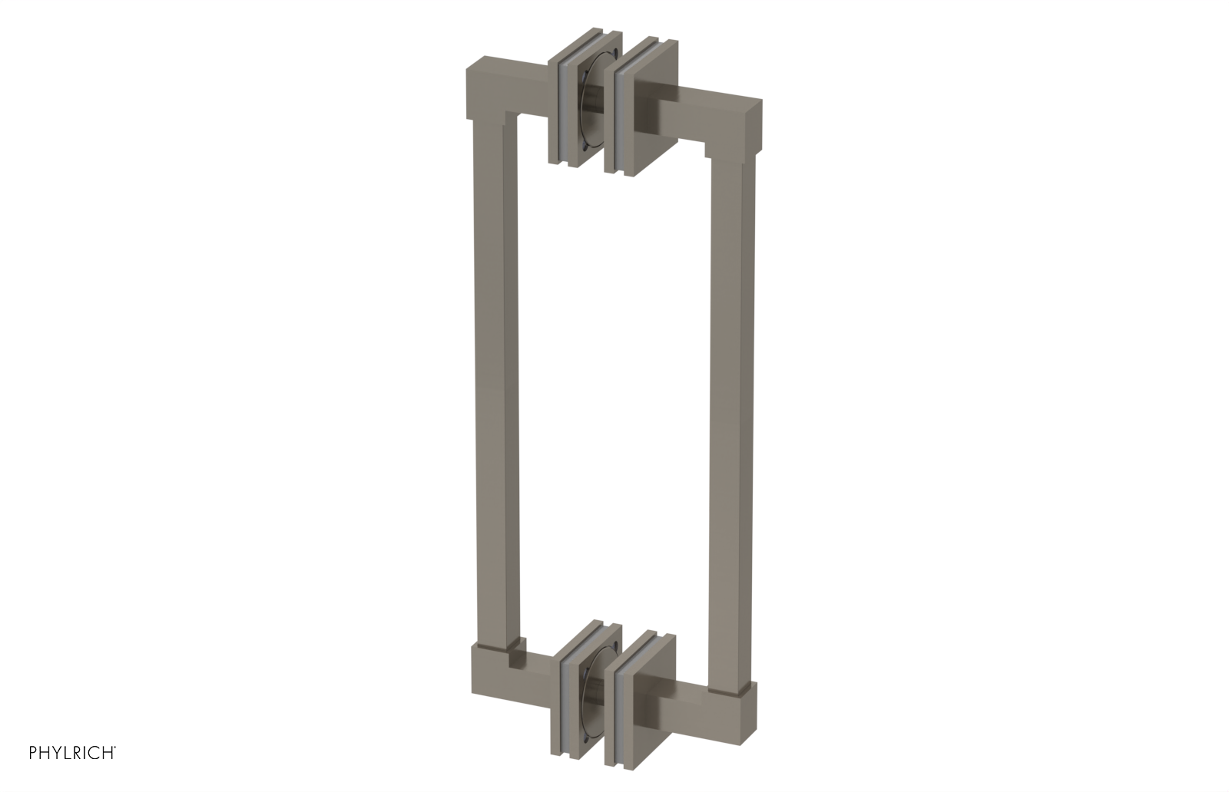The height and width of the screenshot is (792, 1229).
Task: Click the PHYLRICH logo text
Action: (x=72, y=752)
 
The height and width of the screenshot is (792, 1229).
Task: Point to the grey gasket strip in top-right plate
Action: (x=619, y=115)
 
